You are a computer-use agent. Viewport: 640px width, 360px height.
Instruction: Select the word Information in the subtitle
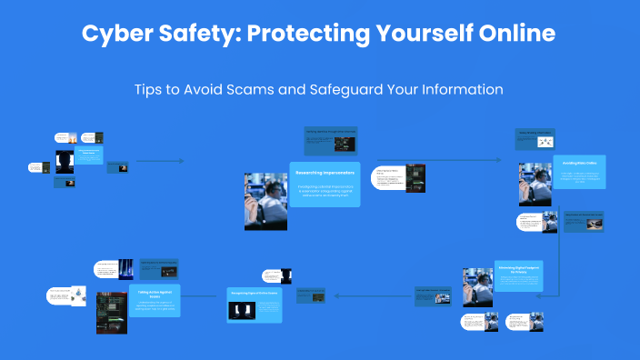tap(461, 90)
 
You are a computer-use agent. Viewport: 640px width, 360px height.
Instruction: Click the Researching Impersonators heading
tap(325, 171)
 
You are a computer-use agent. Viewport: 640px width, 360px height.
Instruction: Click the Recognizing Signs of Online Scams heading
tap(254, 295)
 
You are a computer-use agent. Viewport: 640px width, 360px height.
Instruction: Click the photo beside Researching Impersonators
tap(265, 200)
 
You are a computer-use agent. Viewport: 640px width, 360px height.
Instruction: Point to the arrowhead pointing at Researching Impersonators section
tap(182, 162)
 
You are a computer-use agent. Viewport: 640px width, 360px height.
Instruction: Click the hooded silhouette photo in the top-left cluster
tap(65, 162)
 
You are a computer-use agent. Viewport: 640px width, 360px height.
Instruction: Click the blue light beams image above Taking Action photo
tap(126, 268)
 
